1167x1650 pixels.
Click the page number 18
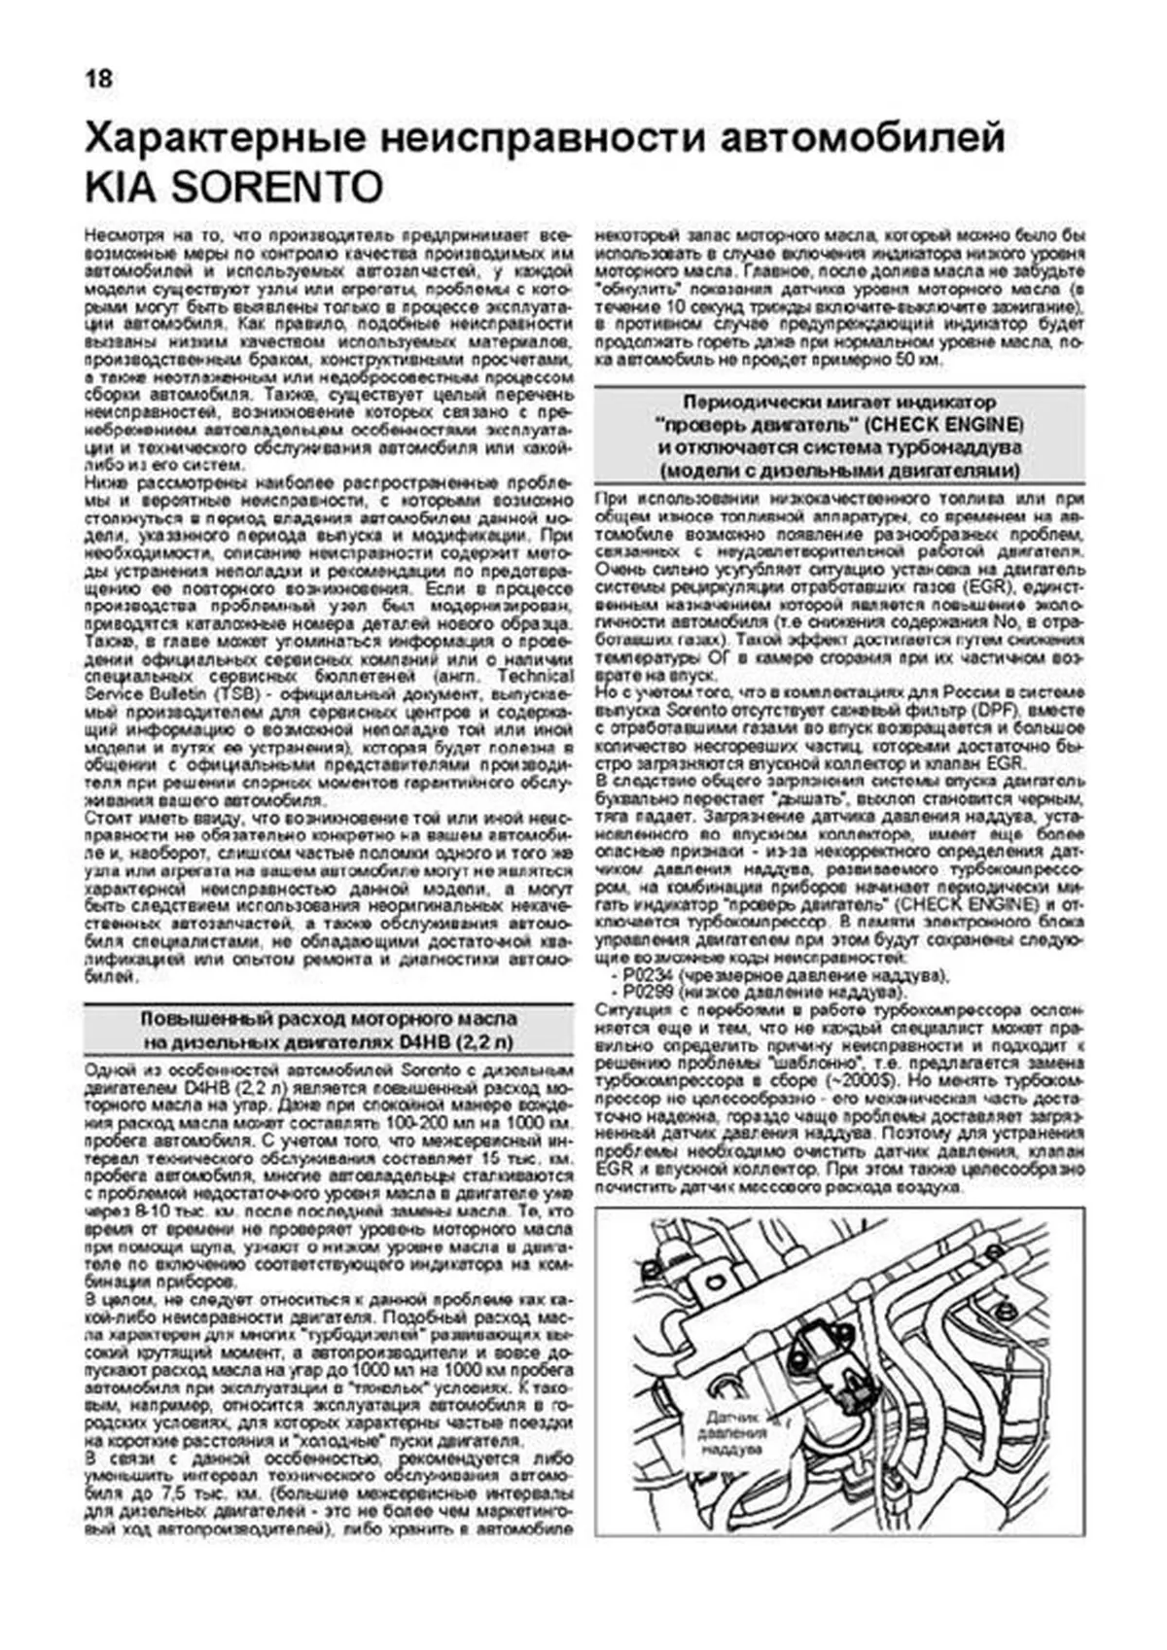98,78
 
